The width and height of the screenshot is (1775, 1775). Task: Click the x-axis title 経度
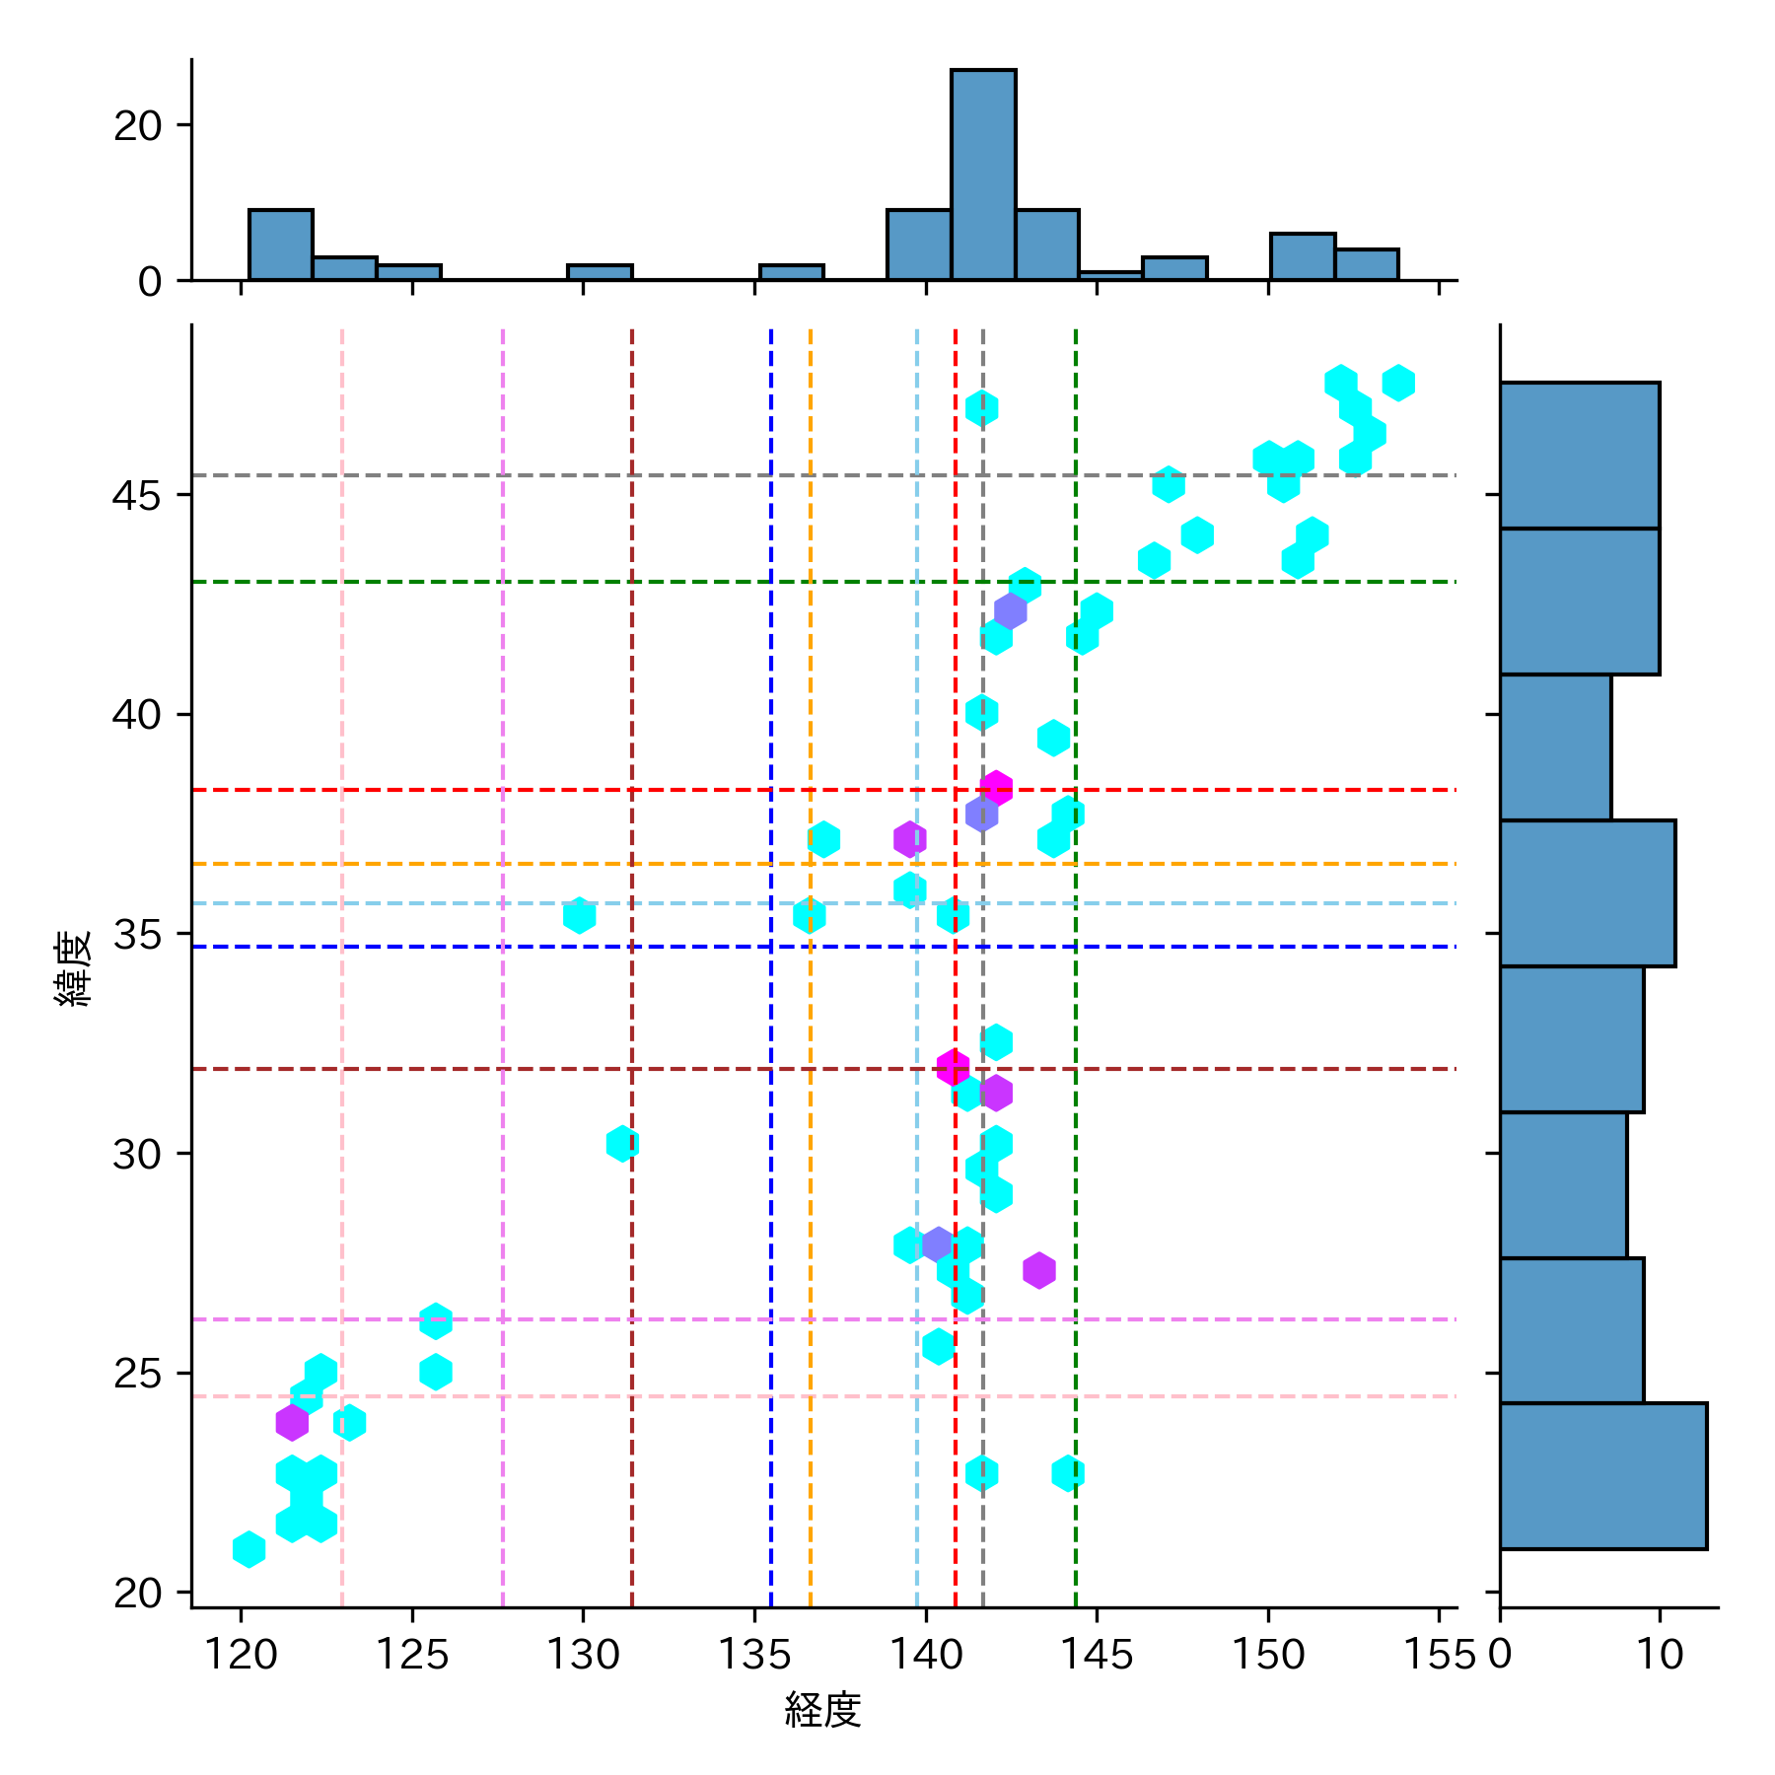pos(822,1710)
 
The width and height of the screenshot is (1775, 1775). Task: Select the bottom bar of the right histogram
pos(1602,1475)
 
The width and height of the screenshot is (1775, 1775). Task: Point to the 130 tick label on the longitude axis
pos(583,1654)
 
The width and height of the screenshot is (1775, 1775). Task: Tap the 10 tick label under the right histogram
pos(1660,1654)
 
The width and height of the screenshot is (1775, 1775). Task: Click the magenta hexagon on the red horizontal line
pos(996,788)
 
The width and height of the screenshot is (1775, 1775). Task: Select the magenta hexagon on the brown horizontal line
pos(953,1067)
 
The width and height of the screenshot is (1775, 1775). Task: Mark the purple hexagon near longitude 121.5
pos(292,1422)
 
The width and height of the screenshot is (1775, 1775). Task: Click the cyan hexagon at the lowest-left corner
pos(249,1549)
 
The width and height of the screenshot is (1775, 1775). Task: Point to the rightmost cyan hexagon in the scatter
pos(1398,383)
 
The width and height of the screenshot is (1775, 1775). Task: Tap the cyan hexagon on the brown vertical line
pos(622,1144)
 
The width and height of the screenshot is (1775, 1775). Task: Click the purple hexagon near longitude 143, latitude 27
pos(1039,1270)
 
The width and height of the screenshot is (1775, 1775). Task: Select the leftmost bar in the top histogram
pos(281,245)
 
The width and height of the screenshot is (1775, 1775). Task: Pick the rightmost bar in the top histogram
pos(1367,264)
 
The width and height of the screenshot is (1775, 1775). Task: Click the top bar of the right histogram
pos(1579,456)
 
